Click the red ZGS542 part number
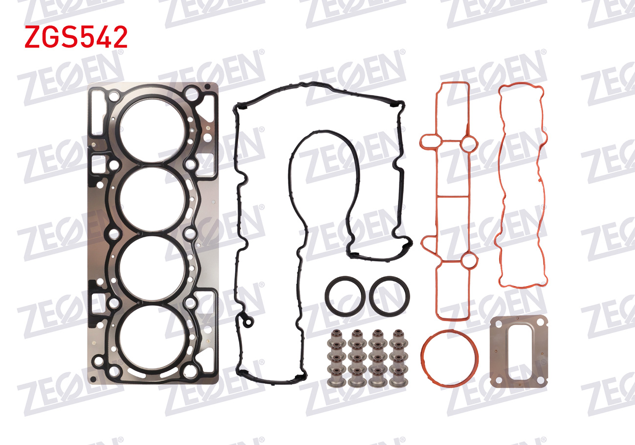click(76, 37)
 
